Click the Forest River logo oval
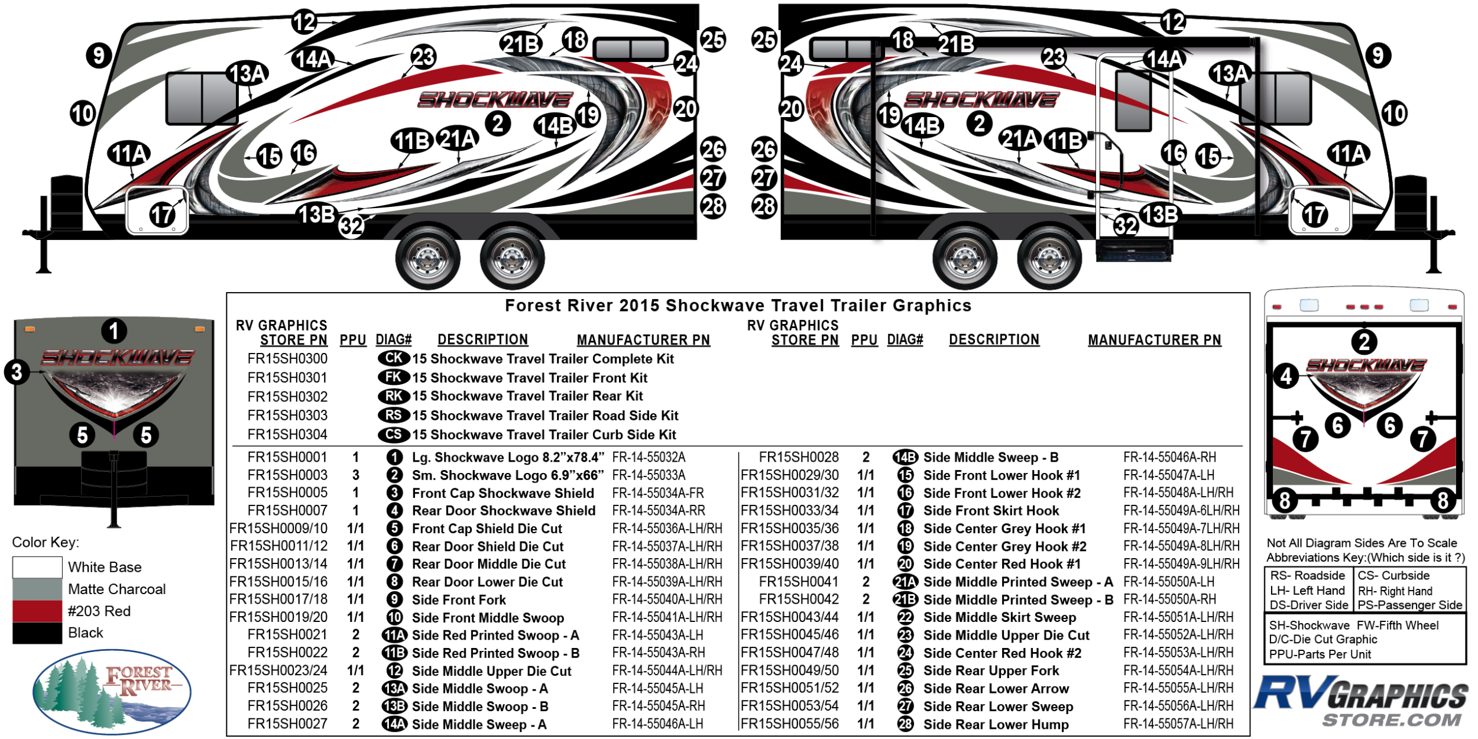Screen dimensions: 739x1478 pyautogui.click(x=112, y=692)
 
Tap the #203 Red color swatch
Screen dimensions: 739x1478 pyautogui.click(x=37, y=611)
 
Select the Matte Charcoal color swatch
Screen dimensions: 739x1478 pyautogui.click(x=37, y=589)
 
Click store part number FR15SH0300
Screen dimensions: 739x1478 pyautogui.click(x=287, y=359)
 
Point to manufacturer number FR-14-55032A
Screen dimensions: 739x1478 pyautogui.click(x=649, y=458)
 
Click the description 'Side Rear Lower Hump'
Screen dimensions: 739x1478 pyautogui.click(x=996, y=724)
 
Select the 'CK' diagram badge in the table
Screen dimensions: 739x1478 pyautogui.click(x=394, y=358)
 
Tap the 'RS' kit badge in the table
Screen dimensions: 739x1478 pyautogui.click(x=394, y=415)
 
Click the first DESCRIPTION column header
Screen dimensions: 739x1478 pyautogui.click(x=482, y=340)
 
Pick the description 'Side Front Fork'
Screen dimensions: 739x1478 pyautogui.click(x=459, y=600)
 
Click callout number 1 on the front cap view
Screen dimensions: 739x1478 pyautogui.click(x=114, y=331)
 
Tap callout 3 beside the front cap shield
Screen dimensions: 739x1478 pyautogui.click(x=17, y=372)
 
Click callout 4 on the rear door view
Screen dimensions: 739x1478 pyautogui.click(x=1286, y=376)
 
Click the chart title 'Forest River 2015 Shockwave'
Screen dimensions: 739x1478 pyautogui.click(x=738, y=306)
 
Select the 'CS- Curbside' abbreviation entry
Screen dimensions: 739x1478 pyautogui.click(x=1393, y=576)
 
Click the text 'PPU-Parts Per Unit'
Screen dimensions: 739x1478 pyautogui.click(x=1320, y=654)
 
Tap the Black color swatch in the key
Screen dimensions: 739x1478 pyautogui.click(x=37, y=633)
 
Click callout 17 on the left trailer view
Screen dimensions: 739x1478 pyautogui.click(x=162, y=215)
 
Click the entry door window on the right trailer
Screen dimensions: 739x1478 pyautogui.click(x=1133, y=101)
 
